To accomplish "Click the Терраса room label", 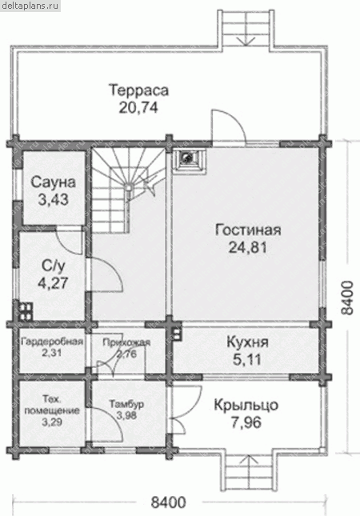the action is tap(139, 90).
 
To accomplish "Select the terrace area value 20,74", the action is tap(138, 108).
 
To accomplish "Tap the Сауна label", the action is tap(54, 182).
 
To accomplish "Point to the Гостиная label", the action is tap(248, 230).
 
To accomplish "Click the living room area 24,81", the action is tap(248, 247).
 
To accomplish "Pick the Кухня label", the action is tap(248, 342).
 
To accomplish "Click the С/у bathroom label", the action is tap(53, 266).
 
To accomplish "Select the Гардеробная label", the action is tap(52, 342).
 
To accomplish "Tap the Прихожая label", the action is tap(126, 342).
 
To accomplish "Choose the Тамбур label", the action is tap(126, 404).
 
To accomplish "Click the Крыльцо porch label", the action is tap(246, 405).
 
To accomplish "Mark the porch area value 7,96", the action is tap(246, 423).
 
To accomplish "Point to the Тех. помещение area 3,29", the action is tap(52, 422).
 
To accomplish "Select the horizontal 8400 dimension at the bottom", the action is tap(169, 502).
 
